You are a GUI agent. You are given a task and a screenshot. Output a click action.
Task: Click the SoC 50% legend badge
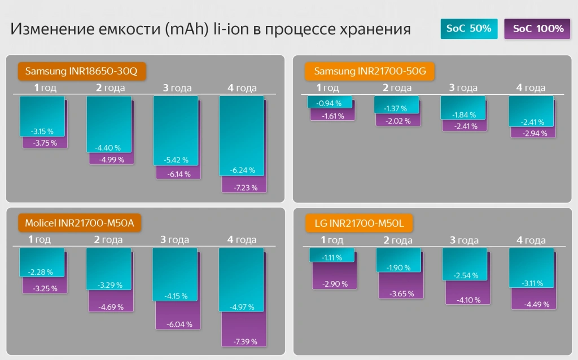coord(468,29)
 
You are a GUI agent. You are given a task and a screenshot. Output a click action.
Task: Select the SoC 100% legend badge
coord(538,29)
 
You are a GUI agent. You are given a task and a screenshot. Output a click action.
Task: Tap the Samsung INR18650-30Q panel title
coord(77,71)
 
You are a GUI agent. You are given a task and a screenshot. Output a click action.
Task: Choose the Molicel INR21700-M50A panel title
coord(79,223)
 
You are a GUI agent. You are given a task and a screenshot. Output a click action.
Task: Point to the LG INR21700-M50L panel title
coord(359,223)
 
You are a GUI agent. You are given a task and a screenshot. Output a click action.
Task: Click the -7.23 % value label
coord(244,187)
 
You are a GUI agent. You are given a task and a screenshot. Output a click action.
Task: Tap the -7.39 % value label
coord(244,341)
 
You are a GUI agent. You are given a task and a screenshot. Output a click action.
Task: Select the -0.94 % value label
coord(330,103)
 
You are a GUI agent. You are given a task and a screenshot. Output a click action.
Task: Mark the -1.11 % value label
coord(332,257)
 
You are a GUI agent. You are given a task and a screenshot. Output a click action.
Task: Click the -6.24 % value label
coord(242,170)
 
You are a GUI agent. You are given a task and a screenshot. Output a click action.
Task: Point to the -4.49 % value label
coord(533,305)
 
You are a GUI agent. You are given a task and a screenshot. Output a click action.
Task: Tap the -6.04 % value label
coord(178,324)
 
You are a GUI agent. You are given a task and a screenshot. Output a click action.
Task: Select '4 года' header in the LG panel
coord(531,240)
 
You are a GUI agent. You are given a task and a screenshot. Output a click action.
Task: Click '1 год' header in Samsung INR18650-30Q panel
coord(45,87)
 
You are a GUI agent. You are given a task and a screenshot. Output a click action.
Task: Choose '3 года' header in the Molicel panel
coord(174,240)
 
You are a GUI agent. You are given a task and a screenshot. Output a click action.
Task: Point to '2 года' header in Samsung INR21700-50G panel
coord(397,87)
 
